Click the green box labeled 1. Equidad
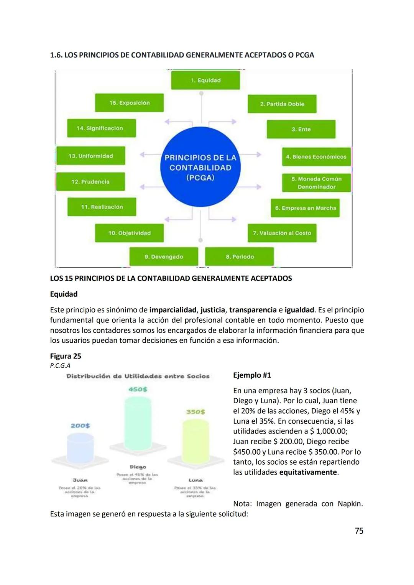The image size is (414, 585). pyautogui.click(x=205, y=81)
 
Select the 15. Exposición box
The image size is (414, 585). pyautogui.click(x=129, y=103)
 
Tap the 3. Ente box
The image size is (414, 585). pyautogui.click(x=301, y=129)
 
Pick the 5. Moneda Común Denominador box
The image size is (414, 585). pyautogui.click(x=316, y=183)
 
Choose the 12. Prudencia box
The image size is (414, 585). pyautogui.click(x=90, y=181)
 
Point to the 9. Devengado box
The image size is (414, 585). pyautogui.click(x=164, y=256)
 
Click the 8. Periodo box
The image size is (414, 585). pyautogui.click(x=240, y=256)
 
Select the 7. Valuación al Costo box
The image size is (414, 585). pyautogui.click(x=282, y=233)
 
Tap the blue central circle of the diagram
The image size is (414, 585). pyautogui.click(x=200, y=167)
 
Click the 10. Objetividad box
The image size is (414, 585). pyautogui.click(x=129, y=233)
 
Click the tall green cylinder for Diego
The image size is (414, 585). pyautogui.click(x=138, y=424)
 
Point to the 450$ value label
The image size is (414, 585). pyautogui.click(x=138, y=389)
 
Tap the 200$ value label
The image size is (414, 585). pyautogui.click(x=80, y=426)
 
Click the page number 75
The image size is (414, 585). pyautogui.click(x=359, y=531)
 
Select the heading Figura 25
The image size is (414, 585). pyautogui.click(x=66, y=356)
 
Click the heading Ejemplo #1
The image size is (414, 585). pyautogui.click(x=252, y=375)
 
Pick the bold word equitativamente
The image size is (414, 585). pyautogui.click(x=308, y=472)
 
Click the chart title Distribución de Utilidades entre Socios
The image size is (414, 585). pyautogui.click(x=138, y=376)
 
